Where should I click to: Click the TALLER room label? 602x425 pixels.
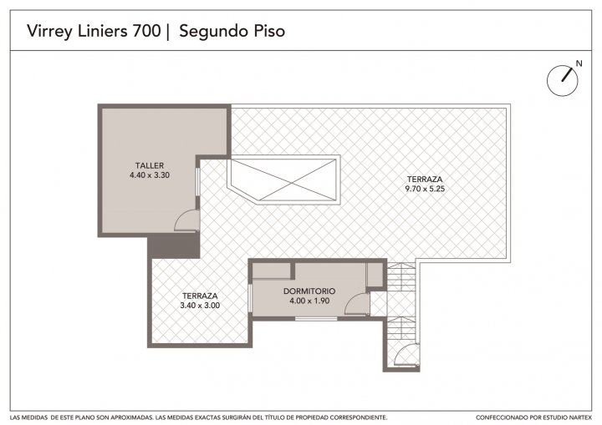(x=150, y=165)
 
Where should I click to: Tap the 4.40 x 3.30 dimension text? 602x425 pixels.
(x=150, y=175)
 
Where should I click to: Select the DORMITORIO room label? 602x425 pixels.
(x=309, y=291)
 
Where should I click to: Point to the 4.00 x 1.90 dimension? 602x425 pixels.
(x=309, y=301)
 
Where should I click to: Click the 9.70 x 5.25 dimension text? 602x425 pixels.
(x=425, y=189)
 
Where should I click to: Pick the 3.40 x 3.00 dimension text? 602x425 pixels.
(x=200, y=306)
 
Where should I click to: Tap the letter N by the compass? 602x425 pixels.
(x=579, y=63)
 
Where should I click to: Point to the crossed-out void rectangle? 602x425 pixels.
(x=283, y=180)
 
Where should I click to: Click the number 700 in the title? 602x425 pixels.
(x=146, y=31)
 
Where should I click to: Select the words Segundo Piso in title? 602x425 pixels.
(x=232, y=32)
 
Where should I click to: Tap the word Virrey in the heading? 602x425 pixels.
(x=49, y=32)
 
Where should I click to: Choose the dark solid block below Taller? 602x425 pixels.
(x=174, y=246)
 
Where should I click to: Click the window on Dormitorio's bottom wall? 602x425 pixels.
(x=316, y=318)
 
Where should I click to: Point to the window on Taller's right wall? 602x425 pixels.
(x=198, y=181)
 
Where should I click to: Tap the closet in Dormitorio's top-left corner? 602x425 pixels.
(x=271, y=271)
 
